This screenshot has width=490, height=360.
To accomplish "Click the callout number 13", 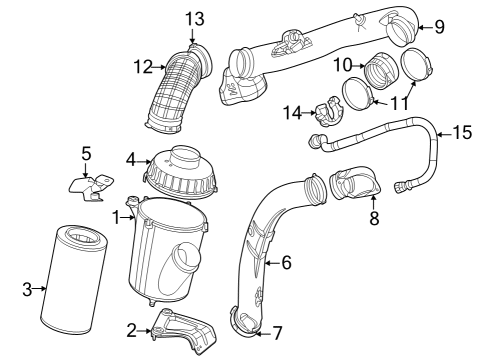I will [193, 17].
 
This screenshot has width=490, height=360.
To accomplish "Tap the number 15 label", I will [462, 131].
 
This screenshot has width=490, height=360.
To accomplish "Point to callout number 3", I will [27, 290].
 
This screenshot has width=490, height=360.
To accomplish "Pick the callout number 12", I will [142, 67].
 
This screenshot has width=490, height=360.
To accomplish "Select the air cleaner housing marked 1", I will [167, 255].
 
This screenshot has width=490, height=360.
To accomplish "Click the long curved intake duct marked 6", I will [262, 250].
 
